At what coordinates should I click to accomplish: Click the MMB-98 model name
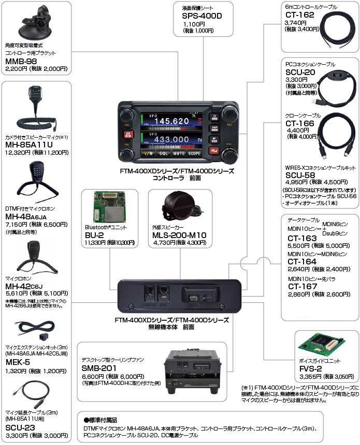click(x=21, y=61)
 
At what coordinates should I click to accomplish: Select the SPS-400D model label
click(x=203, y=16)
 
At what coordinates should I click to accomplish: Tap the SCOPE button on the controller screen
click(x=194, y=153)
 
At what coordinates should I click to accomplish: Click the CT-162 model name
click(x=300, y=16)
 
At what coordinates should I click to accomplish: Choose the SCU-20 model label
click(x=300, y=72)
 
